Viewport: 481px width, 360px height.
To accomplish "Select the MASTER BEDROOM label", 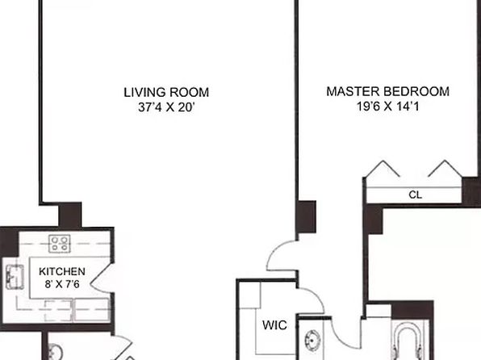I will point(387,91).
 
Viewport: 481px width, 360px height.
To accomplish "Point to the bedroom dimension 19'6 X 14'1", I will point(387,106).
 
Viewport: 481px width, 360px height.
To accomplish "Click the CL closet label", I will point(415,195).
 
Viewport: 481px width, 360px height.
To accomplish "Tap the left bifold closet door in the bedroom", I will point(383,170).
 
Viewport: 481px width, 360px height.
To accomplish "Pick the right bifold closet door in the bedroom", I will point(444,170).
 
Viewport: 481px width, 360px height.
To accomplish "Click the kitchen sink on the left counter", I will point(15,275).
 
